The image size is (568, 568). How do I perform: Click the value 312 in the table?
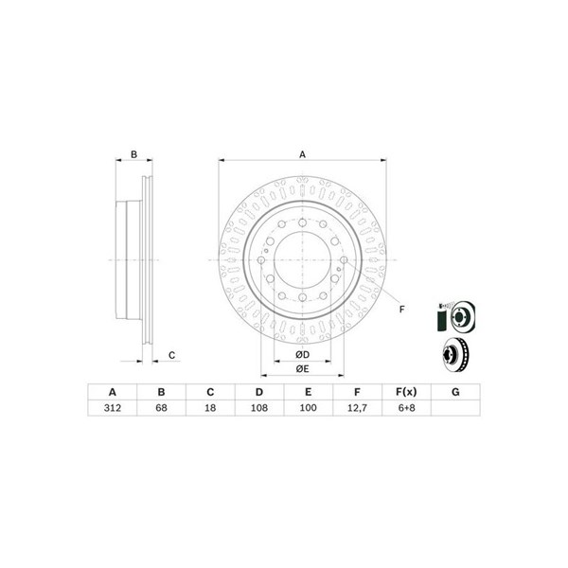(113, 408)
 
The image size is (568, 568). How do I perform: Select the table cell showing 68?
(161, 408)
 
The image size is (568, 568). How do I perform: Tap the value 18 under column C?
(210, 408)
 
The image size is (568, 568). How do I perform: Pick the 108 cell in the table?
(259, 408)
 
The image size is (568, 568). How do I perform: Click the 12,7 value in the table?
(357, 408)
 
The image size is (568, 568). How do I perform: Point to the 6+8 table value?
(406, 408)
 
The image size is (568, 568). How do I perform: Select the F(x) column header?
(406, 392)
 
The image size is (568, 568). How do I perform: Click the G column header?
(455, 392)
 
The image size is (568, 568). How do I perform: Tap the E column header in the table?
(308, 392)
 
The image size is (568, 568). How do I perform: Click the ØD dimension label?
(303, 355)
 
